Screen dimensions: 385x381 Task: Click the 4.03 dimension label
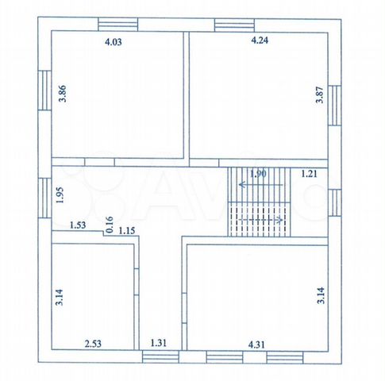coord(114,42)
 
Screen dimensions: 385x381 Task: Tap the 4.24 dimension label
coord(260,40)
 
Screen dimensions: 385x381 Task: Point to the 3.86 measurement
coord(63,94)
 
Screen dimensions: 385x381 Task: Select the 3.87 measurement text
coord(320,94)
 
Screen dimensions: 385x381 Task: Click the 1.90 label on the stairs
coord(258,174)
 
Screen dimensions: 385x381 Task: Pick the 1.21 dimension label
coord(309,174)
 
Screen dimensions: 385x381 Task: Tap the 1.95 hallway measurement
coord(60,195)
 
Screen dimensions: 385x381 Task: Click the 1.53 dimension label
coord(78,225)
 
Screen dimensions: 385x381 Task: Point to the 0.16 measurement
coord(110,225)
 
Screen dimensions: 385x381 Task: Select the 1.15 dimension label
coord(127,231)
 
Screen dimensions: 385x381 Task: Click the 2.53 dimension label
coord(93,344)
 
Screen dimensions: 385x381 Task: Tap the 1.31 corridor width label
coord(159,343)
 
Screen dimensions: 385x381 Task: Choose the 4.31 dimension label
coord(256,344)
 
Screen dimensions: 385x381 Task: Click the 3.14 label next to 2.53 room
coord(60,297)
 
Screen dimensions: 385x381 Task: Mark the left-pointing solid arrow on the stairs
coord(260,185)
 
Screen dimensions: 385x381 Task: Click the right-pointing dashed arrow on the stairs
coord(260,220)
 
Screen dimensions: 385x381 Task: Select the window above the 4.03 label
coord(118,25)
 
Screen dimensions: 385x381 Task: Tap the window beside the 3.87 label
coord(334,106)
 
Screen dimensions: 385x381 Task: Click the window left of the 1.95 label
coord(44,198)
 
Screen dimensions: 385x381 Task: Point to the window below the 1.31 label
coord(160,356)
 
